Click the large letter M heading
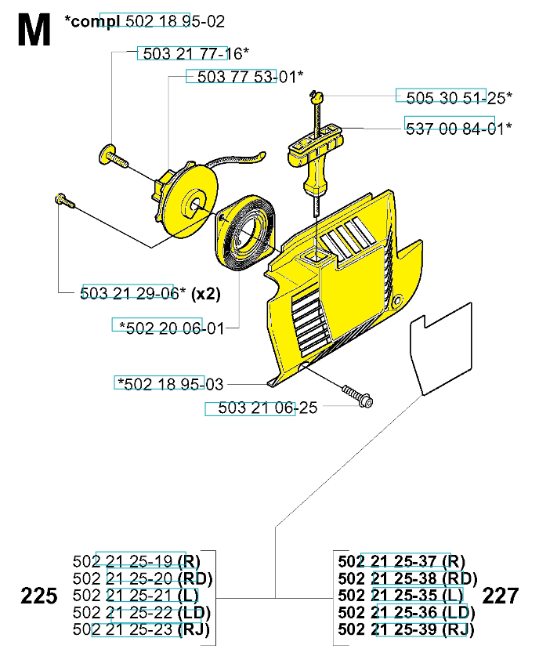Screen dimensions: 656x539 [x=34, y=31]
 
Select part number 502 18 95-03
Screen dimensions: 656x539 [x=169, y=383]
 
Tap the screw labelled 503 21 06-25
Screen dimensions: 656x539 [x=356, y=396]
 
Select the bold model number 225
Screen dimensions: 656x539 [x=39, y=596]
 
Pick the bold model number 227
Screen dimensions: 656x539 [x=501, y=596]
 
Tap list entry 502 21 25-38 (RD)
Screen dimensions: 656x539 [x=407, y=578]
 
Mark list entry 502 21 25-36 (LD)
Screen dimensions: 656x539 [x=407, y=613]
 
